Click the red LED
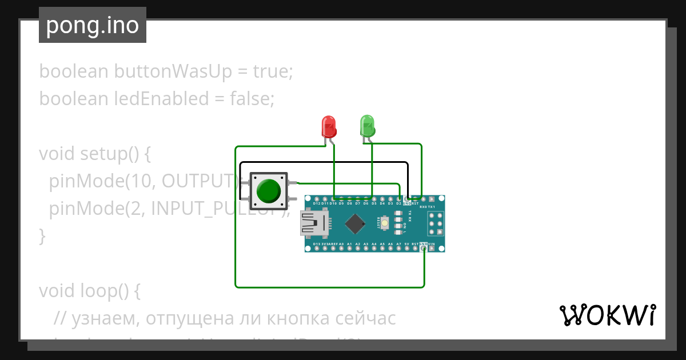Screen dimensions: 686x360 (x=329, y=126)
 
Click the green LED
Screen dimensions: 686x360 (x=367, y=126)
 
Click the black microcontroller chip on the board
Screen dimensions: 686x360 (x=356, y=223)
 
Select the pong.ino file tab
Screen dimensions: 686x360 (x=93, y=25)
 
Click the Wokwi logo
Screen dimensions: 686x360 (x=607, y=315)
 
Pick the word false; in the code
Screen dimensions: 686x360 (x=252, y=99)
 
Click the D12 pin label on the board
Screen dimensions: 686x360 (x=317, y=203)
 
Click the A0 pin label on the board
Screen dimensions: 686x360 (x=341, y=244)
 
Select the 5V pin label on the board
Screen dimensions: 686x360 (x=407, y=244)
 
